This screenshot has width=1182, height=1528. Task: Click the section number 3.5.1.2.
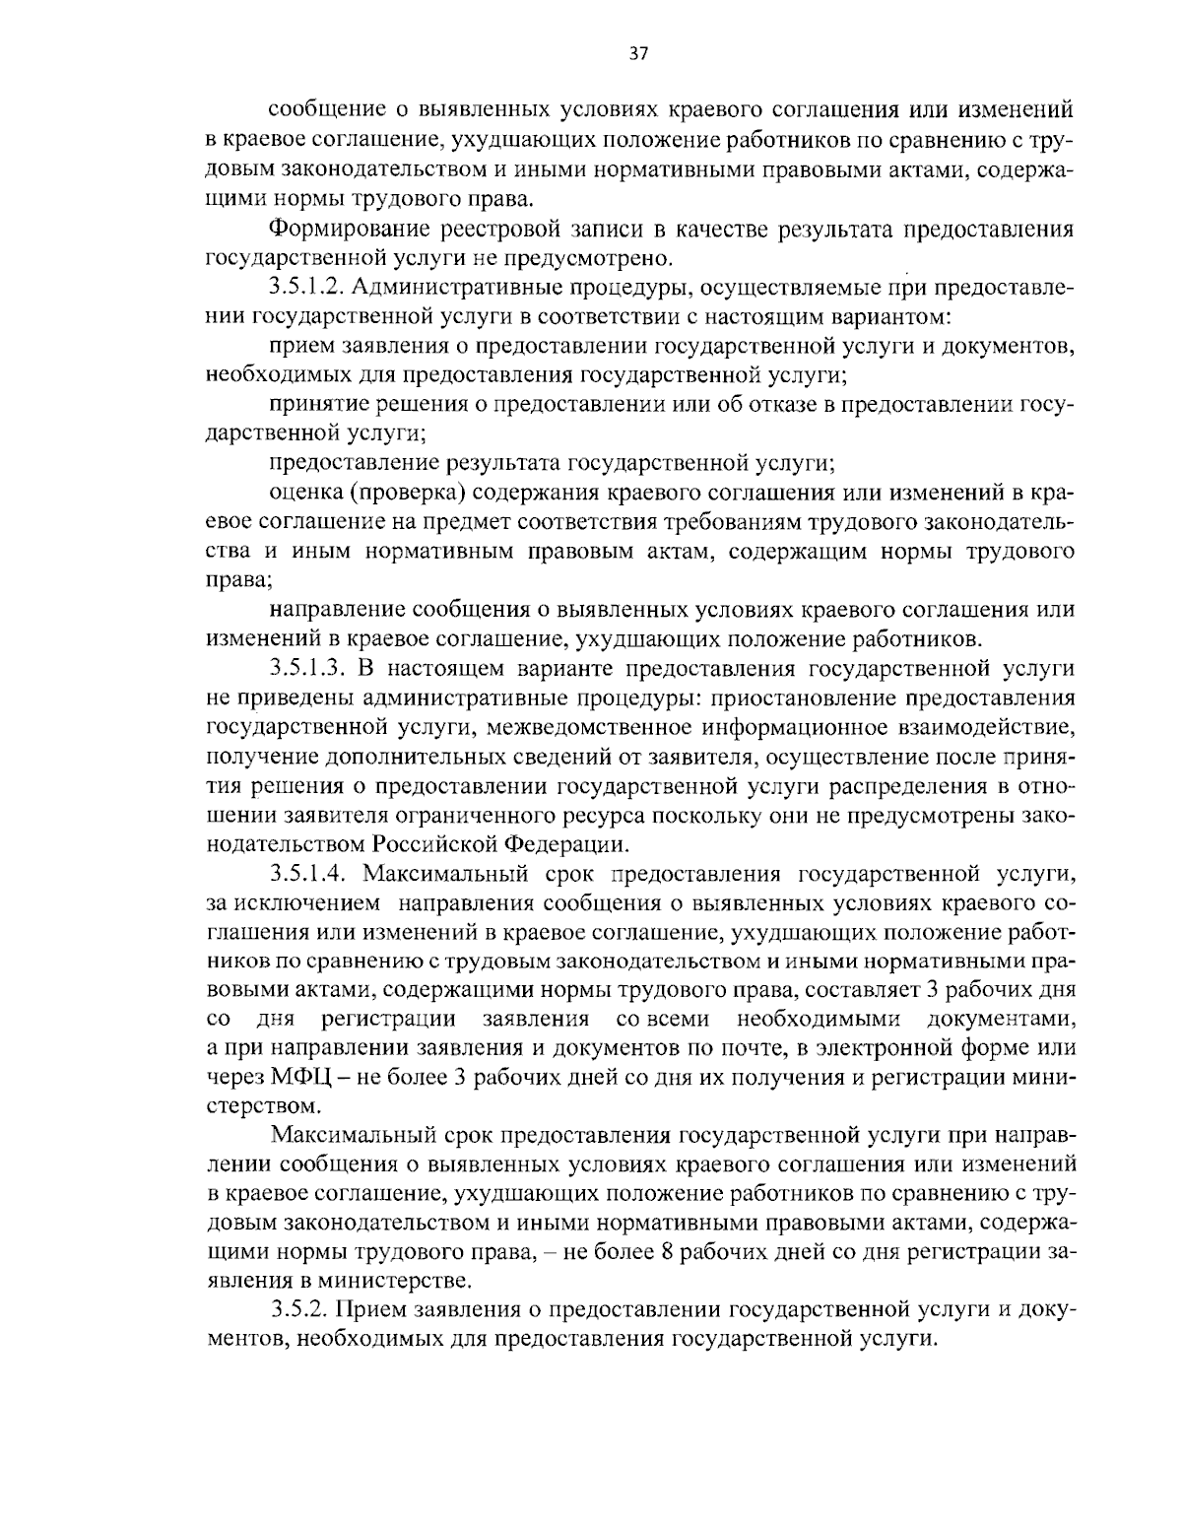304,289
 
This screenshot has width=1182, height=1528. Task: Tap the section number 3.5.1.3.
304,670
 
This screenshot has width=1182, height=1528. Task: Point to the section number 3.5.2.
295,1309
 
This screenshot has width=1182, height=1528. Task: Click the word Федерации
564,843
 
